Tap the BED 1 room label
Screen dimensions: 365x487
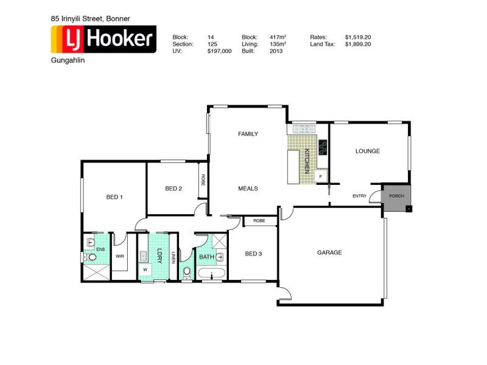coord(114,196)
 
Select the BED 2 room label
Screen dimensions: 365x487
coord(173,189)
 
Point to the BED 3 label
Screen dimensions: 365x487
coord(253,254)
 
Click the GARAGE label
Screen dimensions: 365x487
coord(329,252)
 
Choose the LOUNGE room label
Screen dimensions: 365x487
coord(368,151)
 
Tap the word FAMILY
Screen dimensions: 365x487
coord(248,134)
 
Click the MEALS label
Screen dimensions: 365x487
coord(248,189)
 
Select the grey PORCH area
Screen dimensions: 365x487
coord(397,198)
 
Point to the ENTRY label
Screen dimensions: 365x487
coord(360,196)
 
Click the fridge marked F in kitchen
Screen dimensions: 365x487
coord(320,176)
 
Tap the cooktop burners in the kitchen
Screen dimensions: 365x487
coord(323,147)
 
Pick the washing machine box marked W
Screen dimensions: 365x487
coord(145,269)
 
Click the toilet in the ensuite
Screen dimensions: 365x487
coord(91,257)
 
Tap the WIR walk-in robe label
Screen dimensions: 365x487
coord(120,256)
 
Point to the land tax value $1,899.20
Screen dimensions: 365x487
coord(358,44)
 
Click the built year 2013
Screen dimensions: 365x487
coord(276,52)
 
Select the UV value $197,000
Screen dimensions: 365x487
coord(219,52)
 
